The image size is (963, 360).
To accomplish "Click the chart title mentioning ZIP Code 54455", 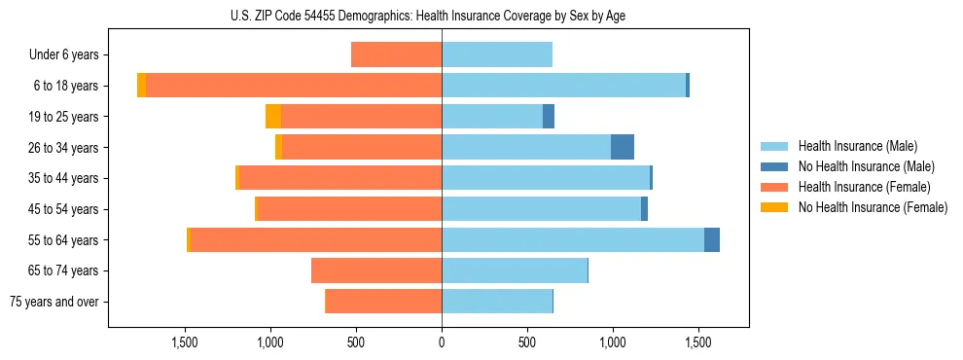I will click(442, 16).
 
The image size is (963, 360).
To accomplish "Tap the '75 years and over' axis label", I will click(54, 302).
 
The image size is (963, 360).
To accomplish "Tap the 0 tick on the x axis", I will click(442, 342).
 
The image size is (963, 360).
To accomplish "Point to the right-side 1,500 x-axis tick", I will click(697, 342).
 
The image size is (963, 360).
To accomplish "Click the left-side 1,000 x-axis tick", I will click(270, 342).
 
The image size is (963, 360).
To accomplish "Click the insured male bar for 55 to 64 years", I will click(573, 239).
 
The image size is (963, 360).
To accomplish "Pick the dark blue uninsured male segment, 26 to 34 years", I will click(623, 147).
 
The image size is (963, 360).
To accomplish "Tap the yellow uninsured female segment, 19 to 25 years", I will click(273, 117).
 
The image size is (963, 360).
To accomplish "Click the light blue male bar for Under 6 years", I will click(497, 54).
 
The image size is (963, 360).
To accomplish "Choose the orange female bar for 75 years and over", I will click(383, 302).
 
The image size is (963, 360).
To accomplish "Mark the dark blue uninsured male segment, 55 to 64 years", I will click(712, 239).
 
